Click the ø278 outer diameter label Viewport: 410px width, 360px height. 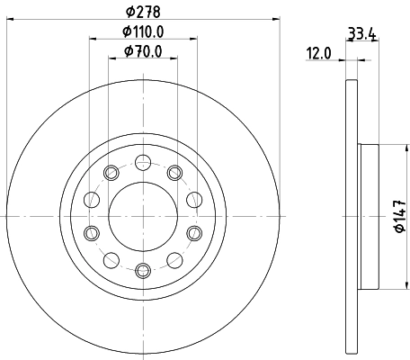pyautogui.click(x=143, y=12)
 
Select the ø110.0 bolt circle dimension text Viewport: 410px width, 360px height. pyautogui.click(x=143, y=32)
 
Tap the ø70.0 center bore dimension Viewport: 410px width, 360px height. pyautogui.click(x=143, y=51)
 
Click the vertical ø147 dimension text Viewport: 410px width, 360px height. pyautogui.click(x=397, y=217)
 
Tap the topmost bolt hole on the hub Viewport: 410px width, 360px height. pyautogui.click(x=142, y=162)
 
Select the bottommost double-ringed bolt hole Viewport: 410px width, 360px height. pyautogui.click(x=142, y=269)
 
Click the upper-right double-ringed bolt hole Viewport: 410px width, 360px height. pyautogui.click(x=174, y=173)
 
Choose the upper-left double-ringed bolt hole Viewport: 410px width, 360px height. pyautogui.click(x=111, y=173)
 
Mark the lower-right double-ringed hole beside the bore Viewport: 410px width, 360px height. pyautogui.click(x=194, y=233)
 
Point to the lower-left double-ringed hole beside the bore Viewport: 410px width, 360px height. pyautogui.click(x=91, y=233)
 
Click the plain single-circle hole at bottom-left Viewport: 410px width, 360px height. pyautogui.click(x=111, y=260)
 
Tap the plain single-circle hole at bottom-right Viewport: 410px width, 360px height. pyautogui.click(x=174, y=260)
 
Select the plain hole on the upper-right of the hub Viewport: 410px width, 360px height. pyautogui.click(x=194, y=201)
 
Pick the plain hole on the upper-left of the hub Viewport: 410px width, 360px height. pyautogui.click(x=91, y=201)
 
